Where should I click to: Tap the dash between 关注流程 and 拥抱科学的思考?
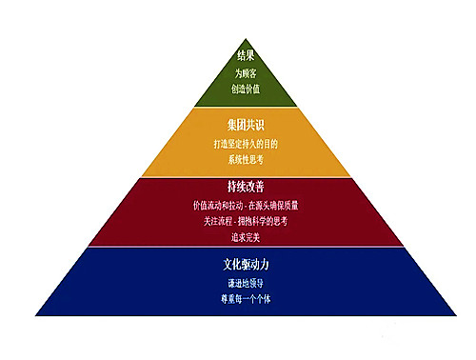pyautogui.click(x=238, y=220)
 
